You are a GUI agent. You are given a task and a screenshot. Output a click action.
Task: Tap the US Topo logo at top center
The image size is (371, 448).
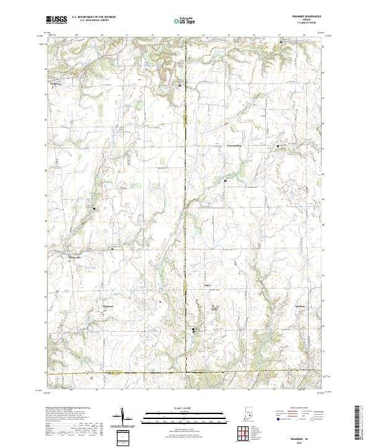click(x=185, y=20)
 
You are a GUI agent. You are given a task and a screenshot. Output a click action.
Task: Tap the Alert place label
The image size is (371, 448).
click(x=208, y=285)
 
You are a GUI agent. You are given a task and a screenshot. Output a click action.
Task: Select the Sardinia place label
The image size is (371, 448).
click(x=300, y=306)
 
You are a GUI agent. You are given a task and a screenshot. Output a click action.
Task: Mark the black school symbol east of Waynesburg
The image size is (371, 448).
click(x=278, y=146)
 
